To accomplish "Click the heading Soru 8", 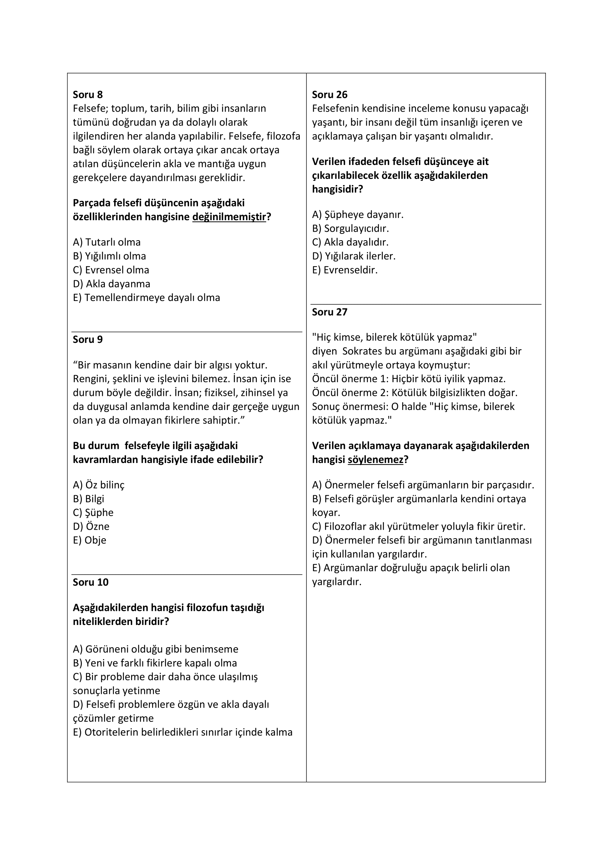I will click(x=87, y=95).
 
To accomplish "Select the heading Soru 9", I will click(x=87, y=340).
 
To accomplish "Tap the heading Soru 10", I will click(x=90, y=582).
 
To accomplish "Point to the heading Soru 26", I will click(x=329, y=95).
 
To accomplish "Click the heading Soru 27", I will click(x=329, y=312).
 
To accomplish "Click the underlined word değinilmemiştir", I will click(x=229, y=217).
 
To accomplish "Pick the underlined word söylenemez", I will click(x=375, y=460).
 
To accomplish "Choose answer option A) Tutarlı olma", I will click(x=107, y=242).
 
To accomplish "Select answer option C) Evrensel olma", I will click(x=111, y=270).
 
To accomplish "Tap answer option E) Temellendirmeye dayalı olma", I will click(x=146, y=298).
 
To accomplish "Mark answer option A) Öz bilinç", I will click(x=99, y=485).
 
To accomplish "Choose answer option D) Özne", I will click(x=91, y=526).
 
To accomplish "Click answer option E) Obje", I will click(x=89, y=540).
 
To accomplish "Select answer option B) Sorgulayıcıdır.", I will click(x=350, y=228).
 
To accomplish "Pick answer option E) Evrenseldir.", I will click(x=345, y=270).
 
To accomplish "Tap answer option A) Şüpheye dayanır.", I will click(x=357, y=215).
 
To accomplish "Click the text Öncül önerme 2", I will click(x=349, y=393).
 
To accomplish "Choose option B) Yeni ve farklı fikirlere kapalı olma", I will click(x=155, y=663).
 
